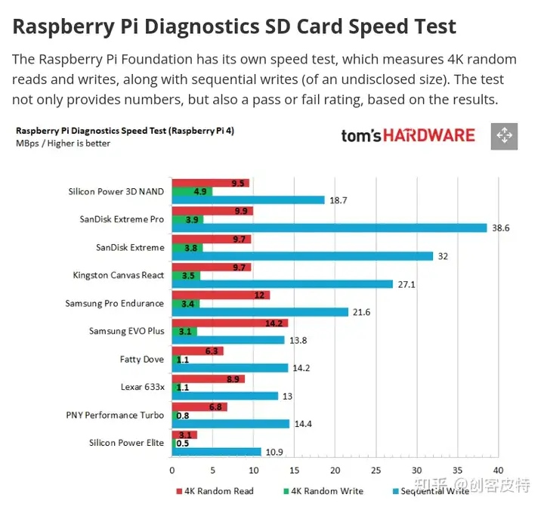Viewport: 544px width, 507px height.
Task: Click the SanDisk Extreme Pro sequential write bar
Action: point(329,228)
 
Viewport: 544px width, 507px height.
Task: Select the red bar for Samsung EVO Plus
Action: point(230,323)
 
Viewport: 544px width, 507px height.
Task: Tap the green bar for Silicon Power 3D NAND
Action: point(192,191)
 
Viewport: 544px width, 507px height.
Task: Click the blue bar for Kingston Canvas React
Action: point(283,284)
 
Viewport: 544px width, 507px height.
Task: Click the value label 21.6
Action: point(363,312)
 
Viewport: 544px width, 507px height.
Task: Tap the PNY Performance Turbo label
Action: point(115,415)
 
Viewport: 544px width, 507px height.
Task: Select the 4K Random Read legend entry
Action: point(215,491)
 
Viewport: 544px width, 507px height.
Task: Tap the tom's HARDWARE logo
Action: point(407,136)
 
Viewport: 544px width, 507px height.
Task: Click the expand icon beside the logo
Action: point(503,136)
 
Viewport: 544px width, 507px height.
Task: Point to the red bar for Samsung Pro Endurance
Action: point(221,295)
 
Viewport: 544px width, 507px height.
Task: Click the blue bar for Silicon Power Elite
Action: point(216,452)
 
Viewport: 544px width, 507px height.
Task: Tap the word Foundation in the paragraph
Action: point(188,59)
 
